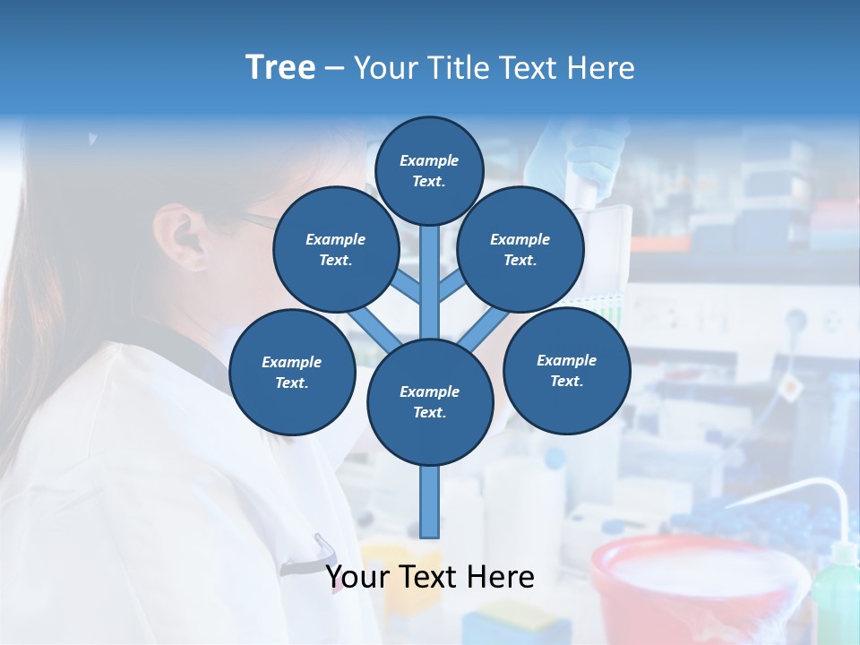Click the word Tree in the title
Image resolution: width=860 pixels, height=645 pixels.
click(280, 68)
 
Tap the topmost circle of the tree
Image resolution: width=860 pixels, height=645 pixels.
click(429, 170)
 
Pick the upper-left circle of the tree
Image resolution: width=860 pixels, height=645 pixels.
click(335, 249)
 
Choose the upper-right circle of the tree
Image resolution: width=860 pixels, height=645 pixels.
click(520, 249)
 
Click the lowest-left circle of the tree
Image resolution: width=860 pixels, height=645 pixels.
click(291, 372)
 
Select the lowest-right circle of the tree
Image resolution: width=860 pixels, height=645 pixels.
click(566, 370)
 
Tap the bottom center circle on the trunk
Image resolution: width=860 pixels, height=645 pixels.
click(429, 402)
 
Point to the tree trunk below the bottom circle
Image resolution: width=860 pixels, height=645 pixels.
click(430, 502)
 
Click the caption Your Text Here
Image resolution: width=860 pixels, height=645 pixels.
click(429, 577)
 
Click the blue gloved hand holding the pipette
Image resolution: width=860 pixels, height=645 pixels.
click(573, 152)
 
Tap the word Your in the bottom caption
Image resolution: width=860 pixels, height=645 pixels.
click(357, 577)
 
